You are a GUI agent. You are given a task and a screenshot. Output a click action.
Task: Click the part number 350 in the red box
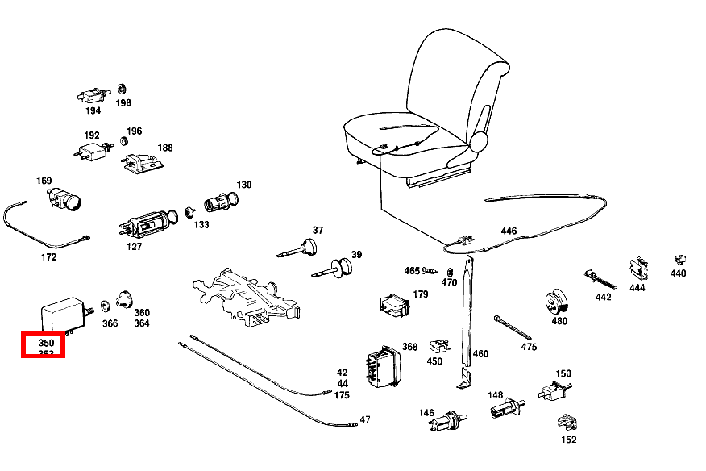click(46, 343)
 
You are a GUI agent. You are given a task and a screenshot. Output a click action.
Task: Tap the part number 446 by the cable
click(509, 231)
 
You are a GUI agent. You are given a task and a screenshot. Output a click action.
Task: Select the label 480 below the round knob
click(559, 321)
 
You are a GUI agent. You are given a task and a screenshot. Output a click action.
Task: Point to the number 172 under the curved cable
click(48, 257)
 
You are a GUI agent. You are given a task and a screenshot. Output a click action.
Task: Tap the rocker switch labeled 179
click(394, 305)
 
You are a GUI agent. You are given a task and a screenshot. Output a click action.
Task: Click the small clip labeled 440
click(679, 260)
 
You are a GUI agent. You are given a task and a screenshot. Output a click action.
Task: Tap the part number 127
click(135, 247)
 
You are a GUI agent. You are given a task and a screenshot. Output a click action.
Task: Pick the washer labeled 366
click(106, 307)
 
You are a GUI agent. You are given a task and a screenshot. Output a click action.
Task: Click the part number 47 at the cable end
click(365, 419)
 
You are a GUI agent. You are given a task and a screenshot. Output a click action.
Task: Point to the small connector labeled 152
click(567, 422)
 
